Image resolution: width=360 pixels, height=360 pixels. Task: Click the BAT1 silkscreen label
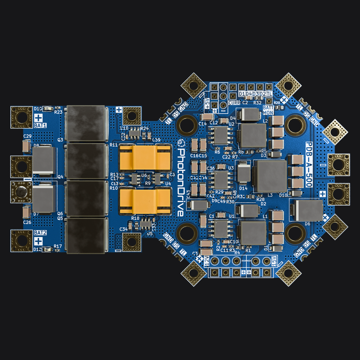coord(40,125)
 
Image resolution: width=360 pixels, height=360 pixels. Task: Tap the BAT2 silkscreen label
coord(40,233)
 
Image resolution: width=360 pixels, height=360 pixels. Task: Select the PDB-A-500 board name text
coord(309,165)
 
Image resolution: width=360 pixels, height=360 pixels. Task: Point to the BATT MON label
coord(268,110)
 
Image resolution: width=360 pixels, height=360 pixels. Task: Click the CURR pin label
coord(234,103)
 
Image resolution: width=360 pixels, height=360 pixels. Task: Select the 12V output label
coord(207,261)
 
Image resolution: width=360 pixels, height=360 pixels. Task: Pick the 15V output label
coord(274,261)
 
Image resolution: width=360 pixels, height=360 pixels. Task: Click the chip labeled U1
coord(221,229)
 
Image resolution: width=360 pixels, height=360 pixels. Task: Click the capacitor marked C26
coord(26,213)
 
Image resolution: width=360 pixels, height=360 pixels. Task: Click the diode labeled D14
coord(243,173)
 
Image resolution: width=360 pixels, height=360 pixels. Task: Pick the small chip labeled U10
coord(134,132)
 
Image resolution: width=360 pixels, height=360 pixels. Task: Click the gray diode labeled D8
coord(43,160)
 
